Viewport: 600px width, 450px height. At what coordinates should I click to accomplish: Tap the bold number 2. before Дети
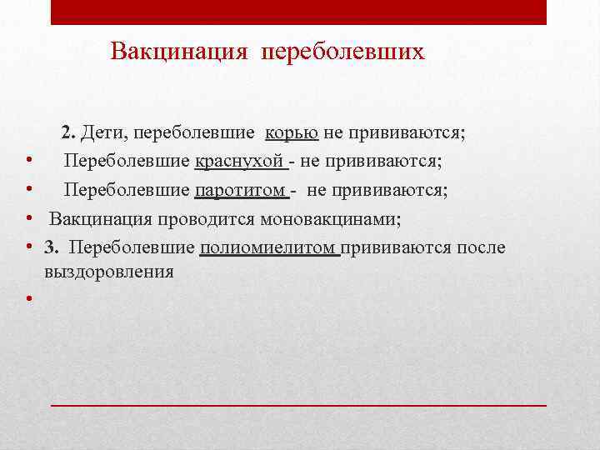coord(68,132)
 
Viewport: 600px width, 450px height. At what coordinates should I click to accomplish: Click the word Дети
coord(104,132)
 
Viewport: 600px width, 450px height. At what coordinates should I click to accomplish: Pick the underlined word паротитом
coord(241,190)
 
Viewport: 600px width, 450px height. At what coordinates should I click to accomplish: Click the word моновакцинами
coord(331,219)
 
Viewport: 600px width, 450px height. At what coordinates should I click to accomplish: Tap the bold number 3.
coord(52,247)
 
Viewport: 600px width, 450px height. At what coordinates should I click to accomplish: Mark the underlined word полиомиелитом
coord(269,247)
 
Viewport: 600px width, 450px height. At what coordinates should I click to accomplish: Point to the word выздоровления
coord(109,272)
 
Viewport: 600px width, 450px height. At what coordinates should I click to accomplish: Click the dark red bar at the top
coord(298,12)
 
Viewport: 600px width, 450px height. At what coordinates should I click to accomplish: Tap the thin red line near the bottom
coord(298,403)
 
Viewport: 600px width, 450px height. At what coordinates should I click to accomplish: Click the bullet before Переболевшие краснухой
coord(28,161)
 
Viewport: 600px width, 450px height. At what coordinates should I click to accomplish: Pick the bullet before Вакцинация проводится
coord(28,219)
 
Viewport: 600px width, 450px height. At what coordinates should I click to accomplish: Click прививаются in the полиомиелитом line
coord(397,247)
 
